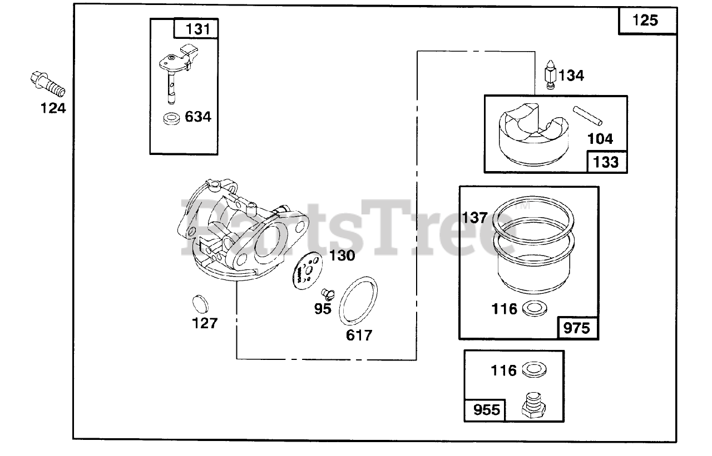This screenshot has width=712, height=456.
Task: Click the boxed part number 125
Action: tap(645, 21)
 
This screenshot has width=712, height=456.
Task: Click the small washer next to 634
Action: tap(171, 118)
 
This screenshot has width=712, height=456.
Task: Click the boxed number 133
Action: tap(606, 162)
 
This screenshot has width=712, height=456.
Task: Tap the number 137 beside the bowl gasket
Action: tap(474, 218)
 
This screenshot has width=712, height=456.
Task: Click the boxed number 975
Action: tap(577, 328)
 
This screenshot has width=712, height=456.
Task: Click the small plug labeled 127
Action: tap(199, 304)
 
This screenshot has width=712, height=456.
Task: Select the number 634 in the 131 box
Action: tap(198, 117)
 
